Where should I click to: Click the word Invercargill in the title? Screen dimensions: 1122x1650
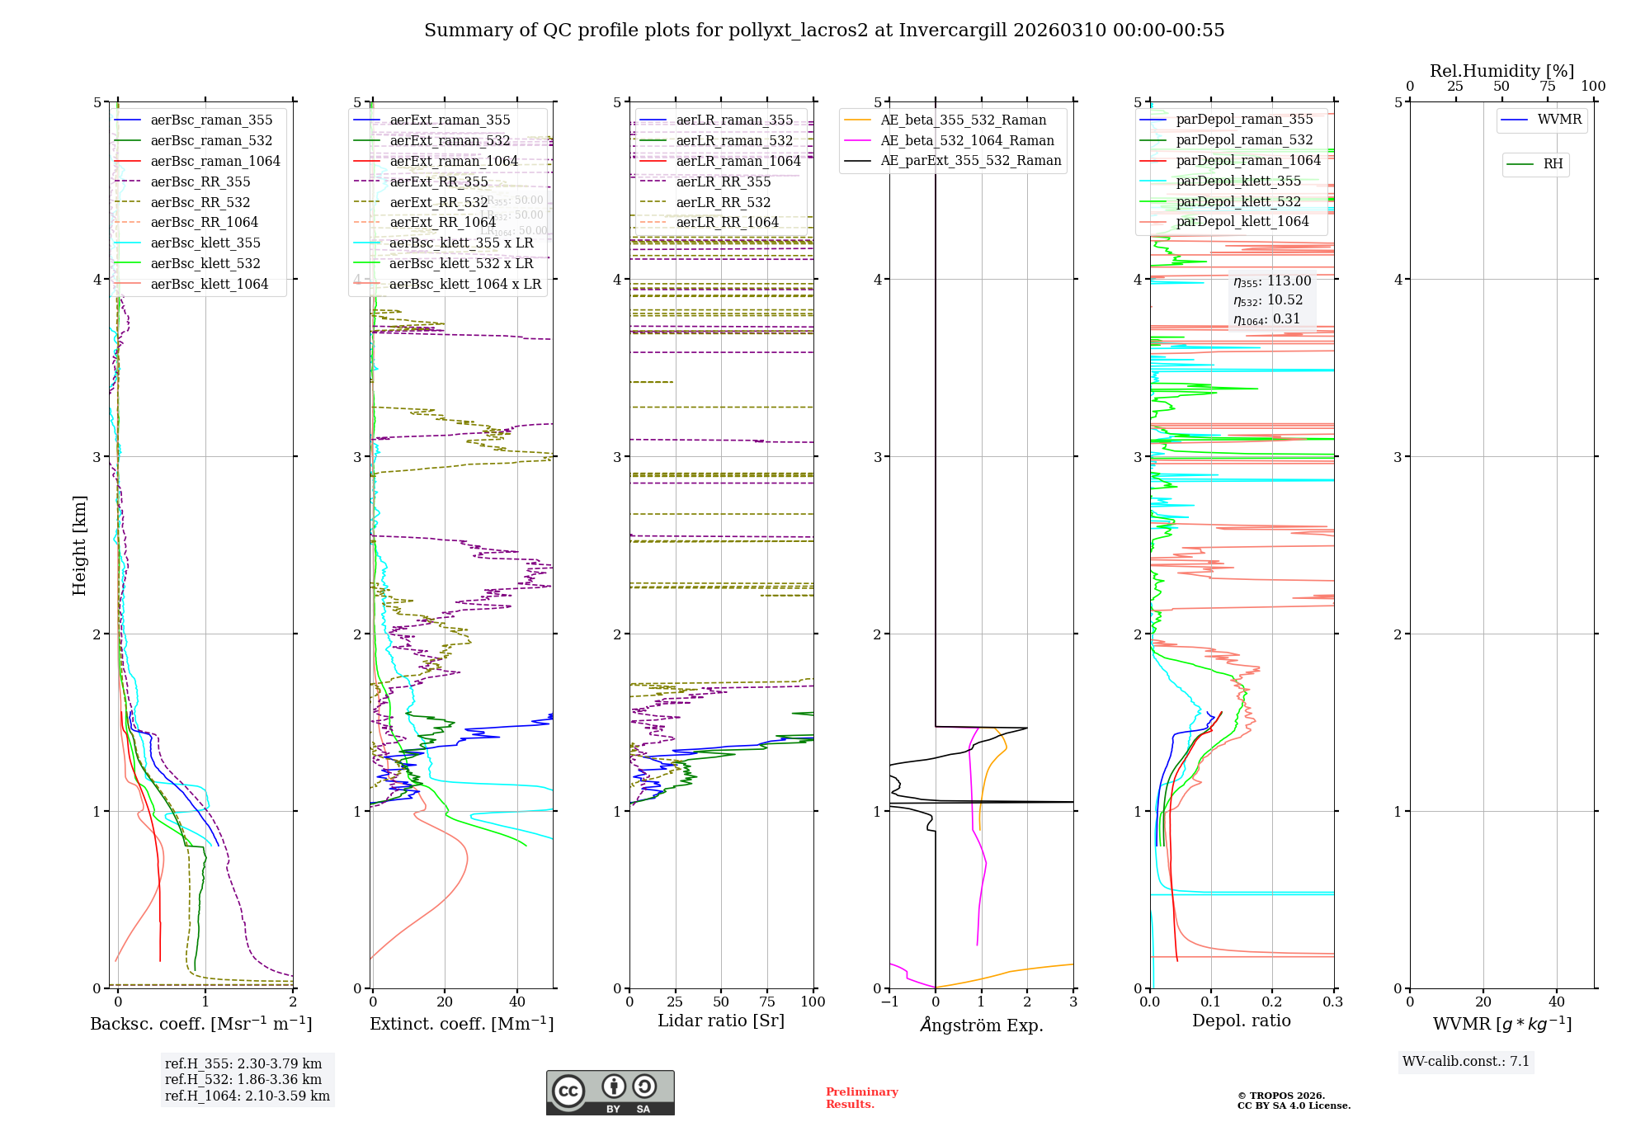[x=953, y=31]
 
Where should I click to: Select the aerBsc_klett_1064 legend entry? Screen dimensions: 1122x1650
[x=209, y=284]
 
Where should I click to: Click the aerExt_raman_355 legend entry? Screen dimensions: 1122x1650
[x=450, y=120]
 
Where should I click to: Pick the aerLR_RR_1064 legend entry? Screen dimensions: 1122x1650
[x=727, y=223]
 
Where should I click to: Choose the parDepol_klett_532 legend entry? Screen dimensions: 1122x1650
[x=1237, y=201]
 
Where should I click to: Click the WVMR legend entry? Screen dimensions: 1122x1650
[x=1559, y=120]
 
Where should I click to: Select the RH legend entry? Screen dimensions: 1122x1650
[x=1553, y=164]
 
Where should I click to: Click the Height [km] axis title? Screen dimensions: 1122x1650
[x=79, y=545]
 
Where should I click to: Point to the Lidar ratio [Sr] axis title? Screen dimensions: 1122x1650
[x=720, y=1021]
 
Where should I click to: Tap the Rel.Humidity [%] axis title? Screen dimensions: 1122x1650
[x=1501, y=71]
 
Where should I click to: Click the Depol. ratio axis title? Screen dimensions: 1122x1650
[x=1241, y=1021]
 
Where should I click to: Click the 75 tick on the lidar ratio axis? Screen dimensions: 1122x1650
[x=767, y=1002]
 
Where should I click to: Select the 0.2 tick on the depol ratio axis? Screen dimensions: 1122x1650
[x=1272, y=1002]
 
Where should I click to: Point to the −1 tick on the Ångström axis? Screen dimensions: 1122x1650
[x=889, y=1002]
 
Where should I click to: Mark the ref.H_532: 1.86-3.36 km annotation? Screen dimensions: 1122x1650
[x=243, y=1079]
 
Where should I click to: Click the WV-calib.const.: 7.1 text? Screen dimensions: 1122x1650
[x=1466, y=1061]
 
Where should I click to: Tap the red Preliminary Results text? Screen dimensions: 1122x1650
[x=861, y=1097]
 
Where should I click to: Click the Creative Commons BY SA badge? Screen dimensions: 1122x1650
[x=610, y=1092]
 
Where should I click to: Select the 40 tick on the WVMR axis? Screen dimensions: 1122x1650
[x=1557, y=1002]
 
